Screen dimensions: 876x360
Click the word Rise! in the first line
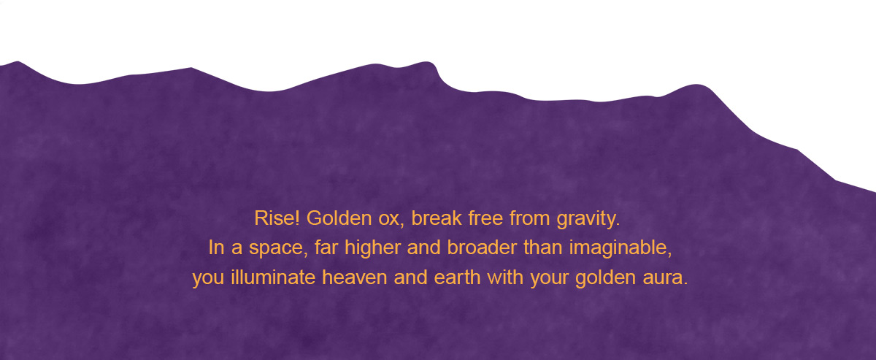point(277,218)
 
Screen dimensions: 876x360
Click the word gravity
point(588,219)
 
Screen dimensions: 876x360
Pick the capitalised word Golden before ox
point(339,218)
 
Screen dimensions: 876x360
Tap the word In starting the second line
point(216,248)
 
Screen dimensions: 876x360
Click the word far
point(326,248)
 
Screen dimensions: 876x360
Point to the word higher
point(373,248)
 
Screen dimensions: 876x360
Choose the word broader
point(482,248)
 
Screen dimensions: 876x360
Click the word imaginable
point(620,248)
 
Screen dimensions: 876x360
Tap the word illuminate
point(273,277)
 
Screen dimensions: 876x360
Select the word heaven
point(355,277)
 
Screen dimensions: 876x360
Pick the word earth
point(457,277)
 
